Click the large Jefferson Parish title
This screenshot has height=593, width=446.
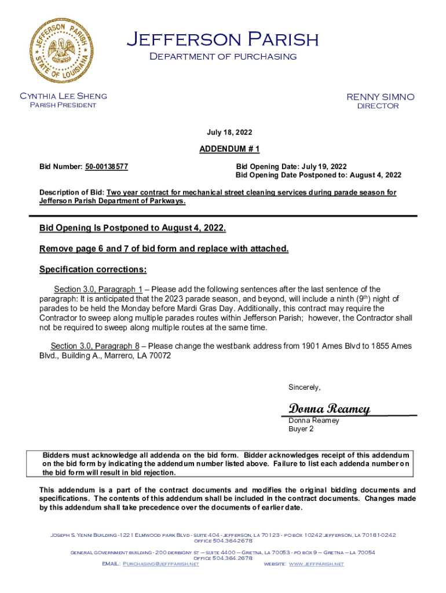point(222,39)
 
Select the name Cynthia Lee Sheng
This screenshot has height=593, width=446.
point(63,96)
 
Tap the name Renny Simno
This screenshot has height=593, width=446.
point(380,97)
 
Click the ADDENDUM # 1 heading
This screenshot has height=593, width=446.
point(229,149)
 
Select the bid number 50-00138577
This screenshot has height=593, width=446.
point(106,167)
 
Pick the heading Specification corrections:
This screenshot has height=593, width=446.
point(93,270)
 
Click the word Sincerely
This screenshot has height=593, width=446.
point(304,387)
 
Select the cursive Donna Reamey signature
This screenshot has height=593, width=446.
point(329,409)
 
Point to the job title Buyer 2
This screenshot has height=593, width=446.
point(301,429)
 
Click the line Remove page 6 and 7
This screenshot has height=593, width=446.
point(163,248)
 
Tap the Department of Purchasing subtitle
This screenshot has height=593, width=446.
point(222,57)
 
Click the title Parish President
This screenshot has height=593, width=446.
point(63,105)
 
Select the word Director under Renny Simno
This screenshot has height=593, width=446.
point(377,106)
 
